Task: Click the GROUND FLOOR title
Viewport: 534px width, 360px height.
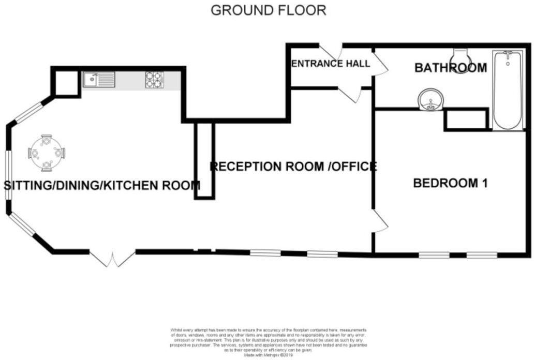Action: (x=268, y=10)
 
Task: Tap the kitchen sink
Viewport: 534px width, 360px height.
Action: (x=98, y=80)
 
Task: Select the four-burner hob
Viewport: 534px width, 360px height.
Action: (x=154, y=80)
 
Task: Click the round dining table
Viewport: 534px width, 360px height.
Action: (x=47, y=153)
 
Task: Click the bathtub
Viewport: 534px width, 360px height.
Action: (x=507, y=91)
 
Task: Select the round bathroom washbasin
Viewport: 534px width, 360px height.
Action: (x=431, y=99)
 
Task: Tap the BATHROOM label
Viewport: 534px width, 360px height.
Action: (x=451, y=68)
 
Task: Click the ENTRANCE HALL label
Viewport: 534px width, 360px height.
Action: (x=330, y=64)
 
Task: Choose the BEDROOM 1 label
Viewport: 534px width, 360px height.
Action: (x=450, y=183)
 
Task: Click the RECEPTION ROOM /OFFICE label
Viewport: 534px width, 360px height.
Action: (x=293, y=167)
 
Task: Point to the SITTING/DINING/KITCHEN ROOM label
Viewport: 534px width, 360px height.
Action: (x=102, y=185)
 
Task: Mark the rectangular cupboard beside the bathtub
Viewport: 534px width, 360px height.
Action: (x=466, y=119)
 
